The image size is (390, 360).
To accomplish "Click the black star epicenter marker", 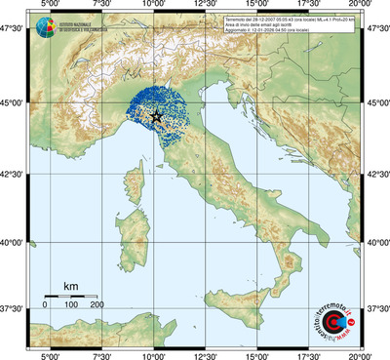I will pyautogui.click(x=156, y=116).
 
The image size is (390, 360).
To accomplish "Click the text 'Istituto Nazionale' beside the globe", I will pyautogui.click(x=73, y=23).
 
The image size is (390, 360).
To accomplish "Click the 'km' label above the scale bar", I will pyautogui.click(x=70, y=286).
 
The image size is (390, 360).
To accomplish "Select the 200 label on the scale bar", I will pyautogui.click(x=97, y=305).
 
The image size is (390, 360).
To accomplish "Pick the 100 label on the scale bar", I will pyautogui.click(x=71, y=305).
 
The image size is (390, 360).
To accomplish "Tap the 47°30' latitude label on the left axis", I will pyautogui.click(x=13, y=31).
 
